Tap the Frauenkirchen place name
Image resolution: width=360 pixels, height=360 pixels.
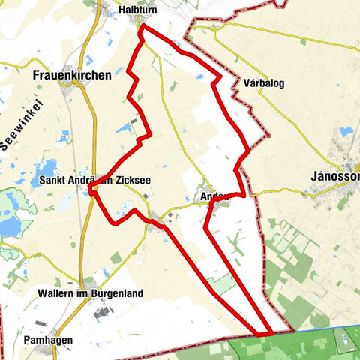72,75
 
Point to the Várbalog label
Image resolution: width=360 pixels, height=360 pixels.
263,83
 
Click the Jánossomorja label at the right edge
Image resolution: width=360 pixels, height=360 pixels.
334,177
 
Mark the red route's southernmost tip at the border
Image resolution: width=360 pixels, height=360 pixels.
265,333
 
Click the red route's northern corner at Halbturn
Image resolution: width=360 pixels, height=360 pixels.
142,28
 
